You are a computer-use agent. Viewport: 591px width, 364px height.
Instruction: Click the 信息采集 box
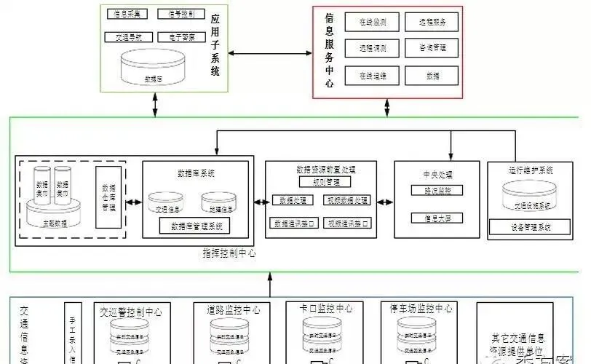pyautogui.click(x=128, y=14)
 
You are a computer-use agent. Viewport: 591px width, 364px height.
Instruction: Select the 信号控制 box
pyautogui.click(x=181, y=14)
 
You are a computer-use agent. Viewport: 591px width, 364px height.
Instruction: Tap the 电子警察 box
pyautogui.click(x=181, y=36)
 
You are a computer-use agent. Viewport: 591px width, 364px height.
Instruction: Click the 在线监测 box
pyautogui.click(x=372, y=23)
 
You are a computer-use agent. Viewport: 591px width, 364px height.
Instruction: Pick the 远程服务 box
pyautogui.click(x=432, y=23)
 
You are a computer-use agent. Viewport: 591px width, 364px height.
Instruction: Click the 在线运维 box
pyautogui.click(x=372, y=75)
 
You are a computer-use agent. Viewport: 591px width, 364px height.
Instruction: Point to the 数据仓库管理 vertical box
pyautogui.click(x=107, y=197)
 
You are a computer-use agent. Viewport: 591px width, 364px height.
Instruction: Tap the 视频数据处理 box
pyautogui.click(x=347, y=200)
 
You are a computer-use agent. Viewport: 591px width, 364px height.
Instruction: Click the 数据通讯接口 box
pyautogui.click(x=292, y=223)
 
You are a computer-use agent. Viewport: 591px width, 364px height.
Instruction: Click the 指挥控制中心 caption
pyautogui.click(x=229, y=253)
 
